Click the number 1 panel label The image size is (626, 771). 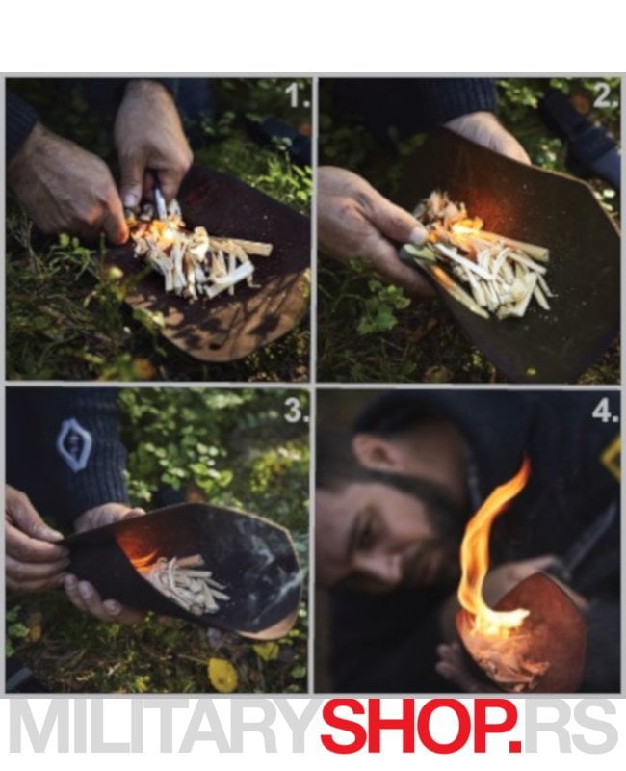tap(298, 95)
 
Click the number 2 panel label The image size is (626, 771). tap(605, 95)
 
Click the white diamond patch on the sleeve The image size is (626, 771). tap(74, 445)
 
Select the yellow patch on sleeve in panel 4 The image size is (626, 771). tap(611, 457)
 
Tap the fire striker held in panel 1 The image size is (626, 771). tap(158, 199)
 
